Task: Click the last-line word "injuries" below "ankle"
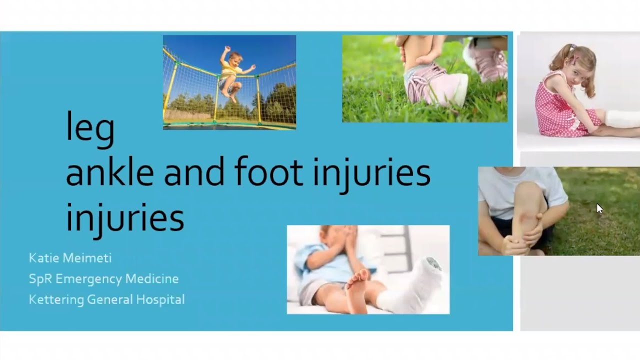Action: (124, 218)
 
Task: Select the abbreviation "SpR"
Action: (40, 278)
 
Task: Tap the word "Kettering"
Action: (55, 299)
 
